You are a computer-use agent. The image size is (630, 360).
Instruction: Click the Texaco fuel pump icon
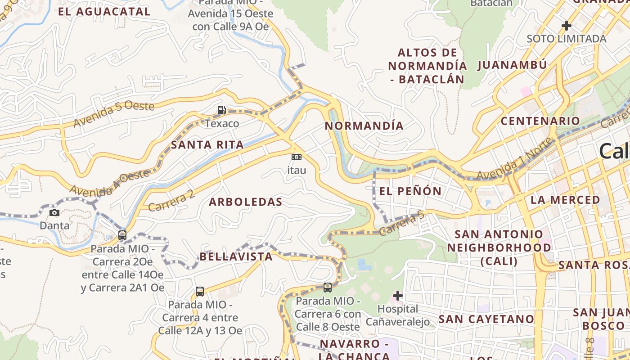point(221,110)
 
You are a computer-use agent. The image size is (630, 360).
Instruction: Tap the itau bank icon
point(297,157)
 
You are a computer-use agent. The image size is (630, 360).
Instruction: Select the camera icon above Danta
point(54,212)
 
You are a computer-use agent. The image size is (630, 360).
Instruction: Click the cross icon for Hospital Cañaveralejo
point(398,296)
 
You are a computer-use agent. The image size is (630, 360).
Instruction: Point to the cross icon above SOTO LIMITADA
point(566,26)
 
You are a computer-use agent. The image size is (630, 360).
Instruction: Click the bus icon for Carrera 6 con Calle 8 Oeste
point(328,287)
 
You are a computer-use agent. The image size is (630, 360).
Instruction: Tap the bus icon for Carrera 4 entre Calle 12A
point(200,291)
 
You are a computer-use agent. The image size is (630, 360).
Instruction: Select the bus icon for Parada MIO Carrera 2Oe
point(122,235)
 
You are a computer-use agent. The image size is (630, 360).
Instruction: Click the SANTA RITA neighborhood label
point(207,145)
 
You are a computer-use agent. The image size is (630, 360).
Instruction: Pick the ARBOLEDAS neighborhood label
point(246,202)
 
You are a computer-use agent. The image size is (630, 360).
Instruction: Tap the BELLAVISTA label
point(236,257)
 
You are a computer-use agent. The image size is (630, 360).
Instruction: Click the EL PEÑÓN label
point(410,191)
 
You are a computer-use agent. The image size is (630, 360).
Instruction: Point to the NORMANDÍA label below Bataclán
point(364,126)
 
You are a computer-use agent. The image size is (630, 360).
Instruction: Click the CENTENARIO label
point(540,121)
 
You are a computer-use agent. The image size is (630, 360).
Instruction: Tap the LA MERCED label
point(565,200)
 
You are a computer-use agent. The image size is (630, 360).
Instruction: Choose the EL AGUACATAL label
point(104,12)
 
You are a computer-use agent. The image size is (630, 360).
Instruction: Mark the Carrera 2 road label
point(171,200)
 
